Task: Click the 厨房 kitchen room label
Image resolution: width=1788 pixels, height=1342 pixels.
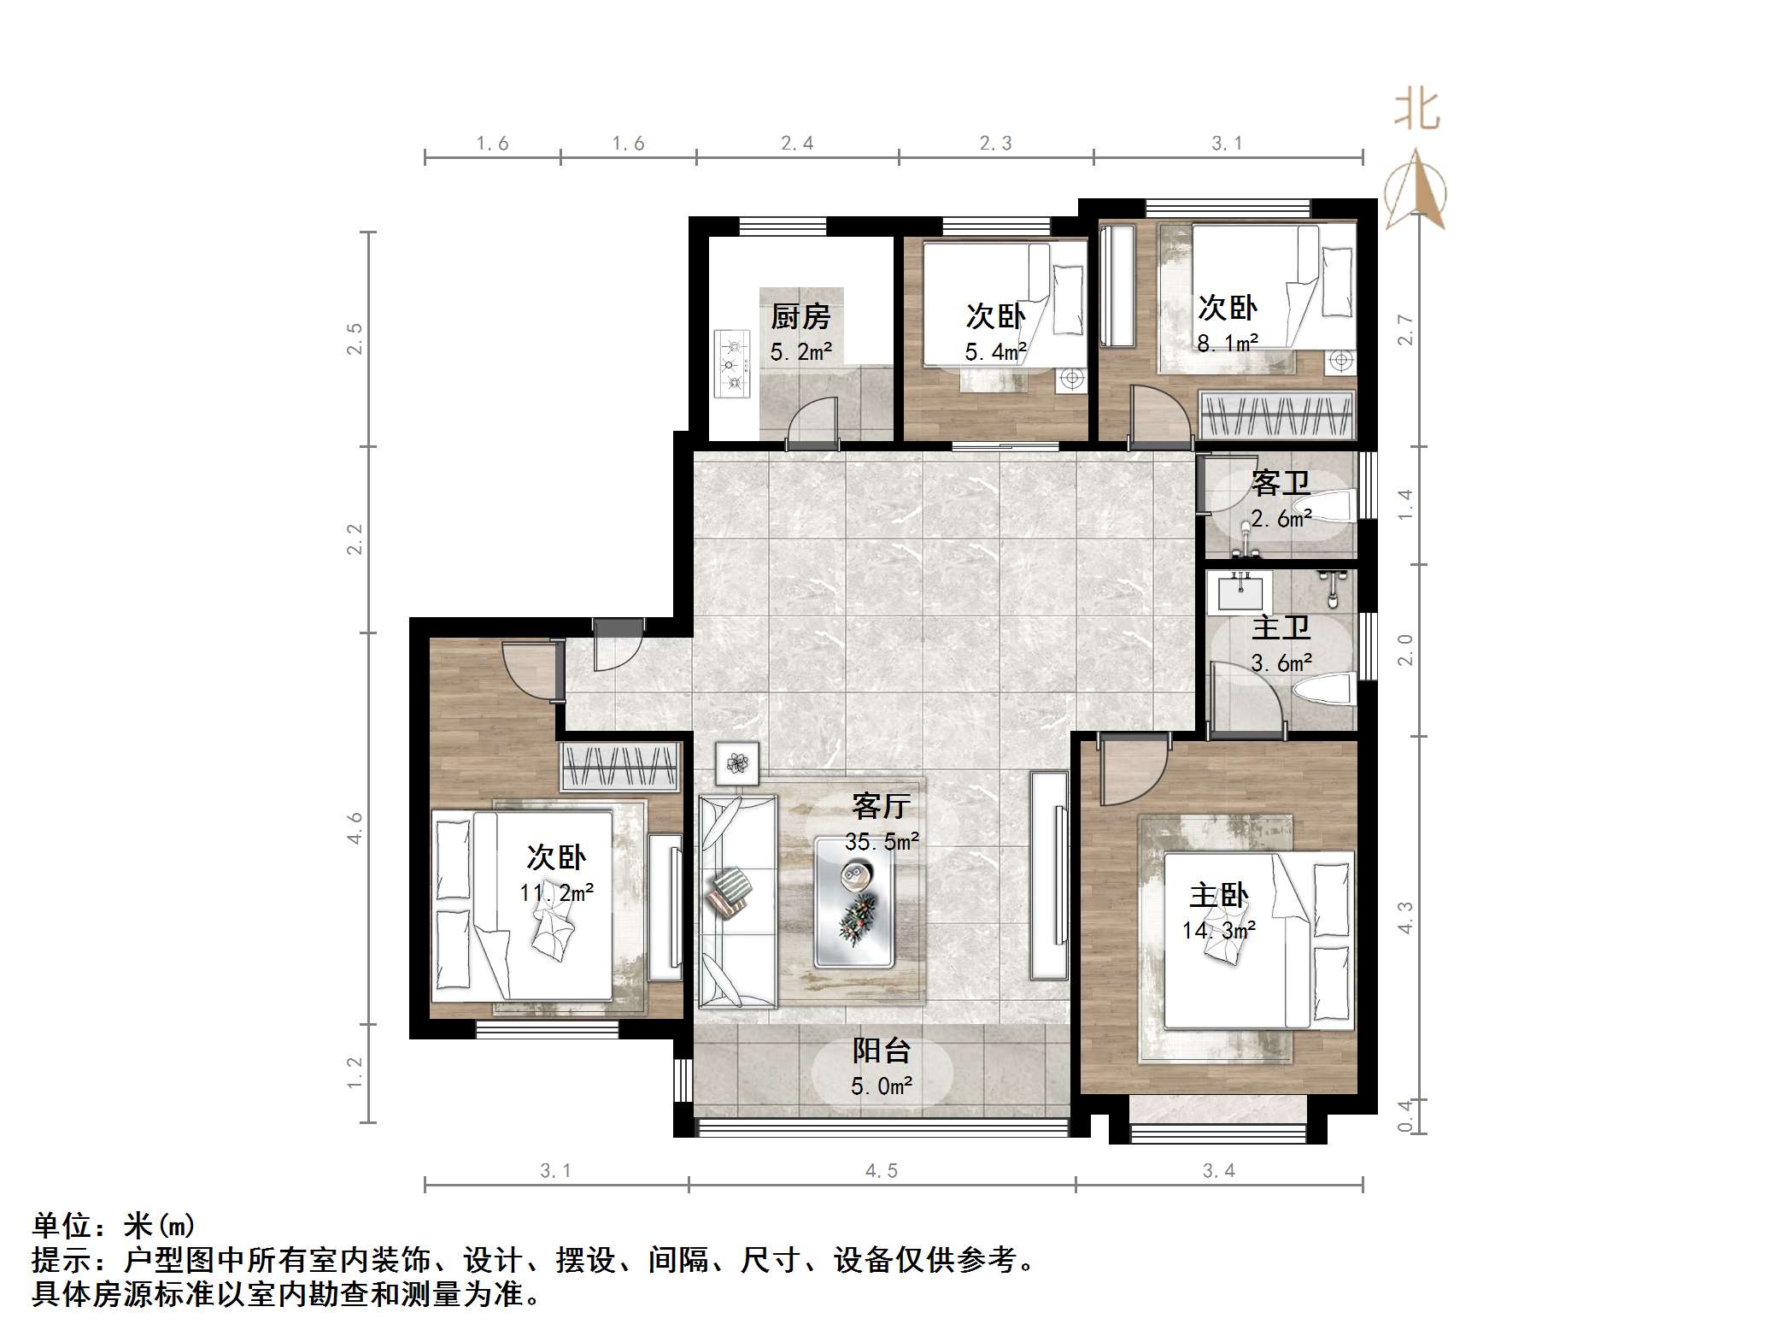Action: click(800, 317)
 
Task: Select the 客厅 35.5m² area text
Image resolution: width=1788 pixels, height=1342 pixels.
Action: click(882, 842)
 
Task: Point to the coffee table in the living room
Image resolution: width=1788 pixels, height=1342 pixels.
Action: click(854, 902)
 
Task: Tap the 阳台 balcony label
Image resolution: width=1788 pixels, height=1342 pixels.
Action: click(882, 1051)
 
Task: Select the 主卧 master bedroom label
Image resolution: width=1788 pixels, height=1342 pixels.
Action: click(1218, 896)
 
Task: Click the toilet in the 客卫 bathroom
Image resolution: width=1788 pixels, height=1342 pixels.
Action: click(1329, 505)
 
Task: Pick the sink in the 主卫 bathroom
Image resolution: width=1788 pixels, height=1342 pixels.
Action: click(1240, 592)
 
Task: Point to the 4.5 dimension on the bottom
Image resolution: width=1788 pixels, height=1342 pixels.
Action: click(882, 1171)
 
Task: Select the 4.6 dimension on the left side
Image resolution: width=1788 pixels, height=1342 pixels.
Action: click(355, 828)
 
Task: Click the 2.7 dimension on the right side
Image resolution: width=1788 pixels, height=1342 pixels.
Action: click(1405, 330)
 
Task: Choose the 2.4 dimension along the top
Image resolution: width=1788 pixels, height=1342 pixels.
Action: click(797, 144)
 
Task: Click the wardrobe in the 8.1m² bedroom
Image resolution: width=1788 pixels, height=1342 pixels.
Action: click(1277, 415)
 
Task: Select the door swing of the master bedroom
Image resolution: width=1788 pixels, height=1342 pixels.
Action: click(1129, 772)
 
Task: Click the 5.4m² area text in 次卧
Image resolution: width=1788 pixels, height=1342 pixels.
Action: click(995, 351)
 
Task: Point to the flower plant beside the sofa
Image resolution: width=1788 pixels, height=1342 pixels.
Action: click(737, 761)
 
